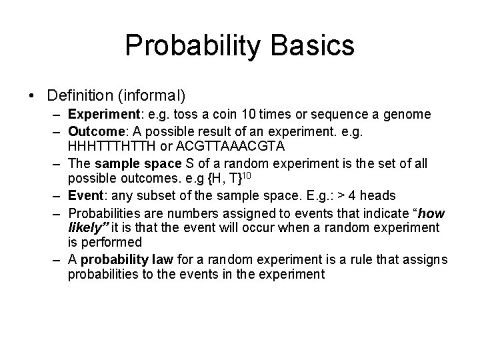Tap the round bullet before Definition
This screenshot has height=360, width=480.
coord(33,95)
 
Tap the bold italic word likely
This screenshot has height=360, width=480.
coord(85,227)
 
